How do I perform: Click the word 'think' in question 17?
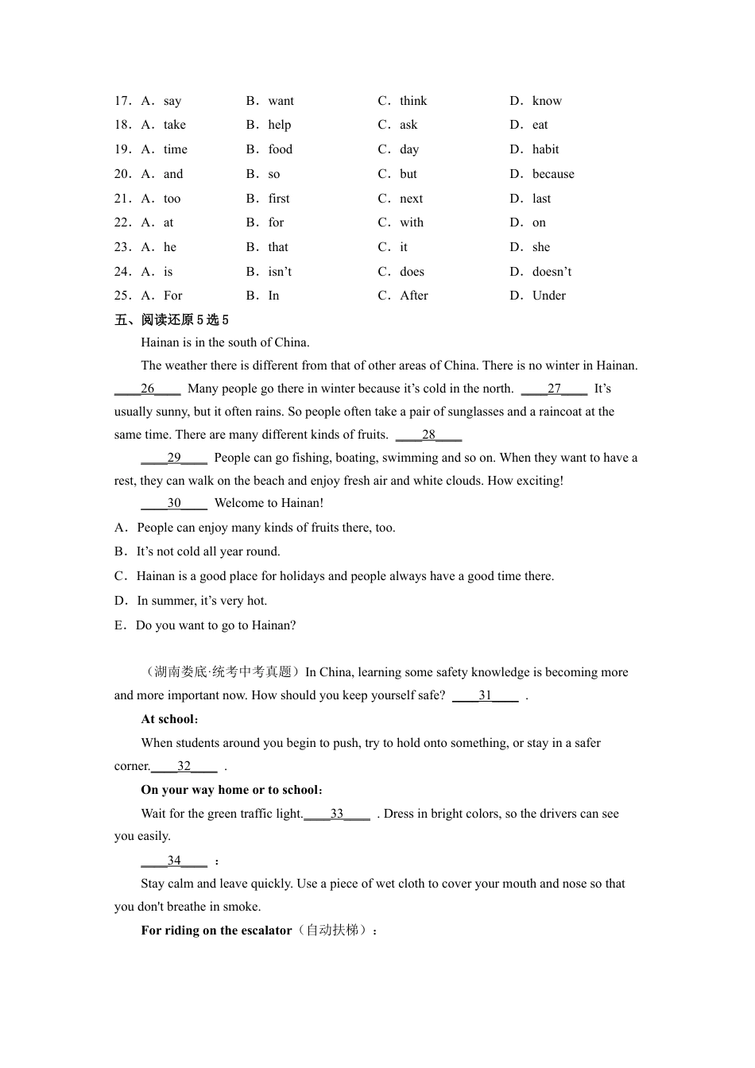pos(413,101)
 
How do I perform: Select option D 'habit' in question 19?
pos(545,149)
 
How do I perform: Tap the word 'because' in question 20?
pos(553,174)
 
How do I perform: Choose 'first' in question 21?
pos(279,199)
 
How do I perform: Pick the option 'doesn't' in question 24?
pos(552,272)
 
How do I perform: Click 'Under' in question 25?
pos(548,296)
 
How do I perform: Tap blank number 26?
pos(148,389)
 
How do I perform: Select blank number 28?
pos(428,435)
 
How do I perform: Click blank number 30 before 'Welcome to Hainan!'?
pos(174,503)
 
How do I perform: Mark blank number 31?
pos(485,695)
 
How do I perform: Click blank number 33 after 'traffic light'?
pos(337,814)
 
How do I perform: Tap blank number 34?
pos(174,861)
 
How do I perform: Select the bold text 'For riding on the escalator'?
pos(216,931)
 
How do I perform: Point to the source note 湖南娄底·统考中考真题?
pos(223,672)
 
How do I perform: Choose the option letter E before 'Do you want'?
pos(119,625)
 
